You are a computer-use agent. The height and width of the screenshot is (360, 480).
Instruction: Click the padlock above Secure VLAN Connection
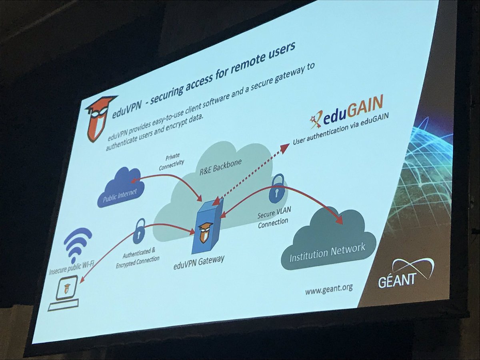point(276,188)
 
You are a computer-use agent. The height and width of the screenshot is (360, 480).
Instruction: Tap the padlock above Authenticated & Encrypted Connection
point(139,231)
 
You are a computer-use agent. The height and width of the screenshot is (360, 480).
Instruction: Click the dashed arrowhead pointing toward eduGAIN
point(284,148)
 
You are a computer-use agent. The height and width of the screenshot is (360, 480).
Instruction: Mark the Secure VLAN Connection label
point(273,218)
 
